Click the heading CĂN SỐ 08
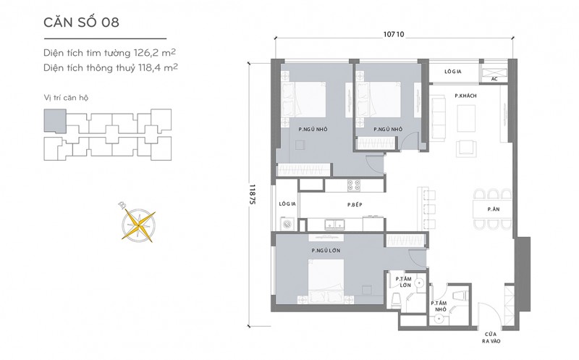pyautogui.click(x=81, y=22)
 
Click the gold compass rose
pyautogui.click(x=138, y=224)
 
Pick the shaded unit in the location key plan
pyautogui.click(x=55, y=120)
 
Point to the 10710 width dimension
pyautogui.click(x=394, y=34)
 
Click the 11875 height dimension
pyautogui.click(x=253, y=194)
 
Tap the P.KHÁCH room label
pyautogui.click(x=465, y=96)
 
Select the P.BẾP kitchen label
pyautogui.click(x=355, y=204)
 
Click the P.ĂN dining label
pyautogui.click(x=494, y=209)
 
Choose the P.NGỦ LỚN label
pyautogui.click(x=326, y=250)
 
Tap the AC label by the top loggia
pyautogui.click(x=494, y=79)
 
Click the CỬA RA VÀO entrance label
pyautogui.click(x=491, y=338)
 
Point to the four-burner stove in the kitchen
pyautogui.click(x=354, y=185)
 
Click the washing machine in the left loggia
pyautogui.click(x=287, y=224)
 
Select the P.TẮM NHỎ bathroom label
pyautogui.click(x=439, y=306)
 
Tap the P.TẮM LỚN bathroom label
pyautogui.click(x=403, y=282)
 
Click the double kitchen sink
pyautogui.click(x=334, y=224)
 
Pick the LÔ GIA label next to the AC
pyautogui.click(x=453, y=71)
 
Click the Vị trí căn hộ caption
pyautogui.click(x=66, y=98)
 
